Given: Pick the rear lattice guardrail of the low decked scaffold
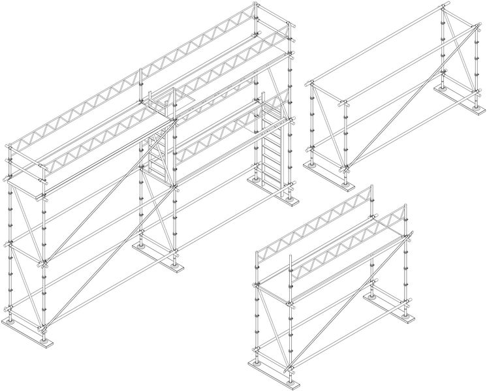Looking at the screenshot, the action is (x=313, y=222).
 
